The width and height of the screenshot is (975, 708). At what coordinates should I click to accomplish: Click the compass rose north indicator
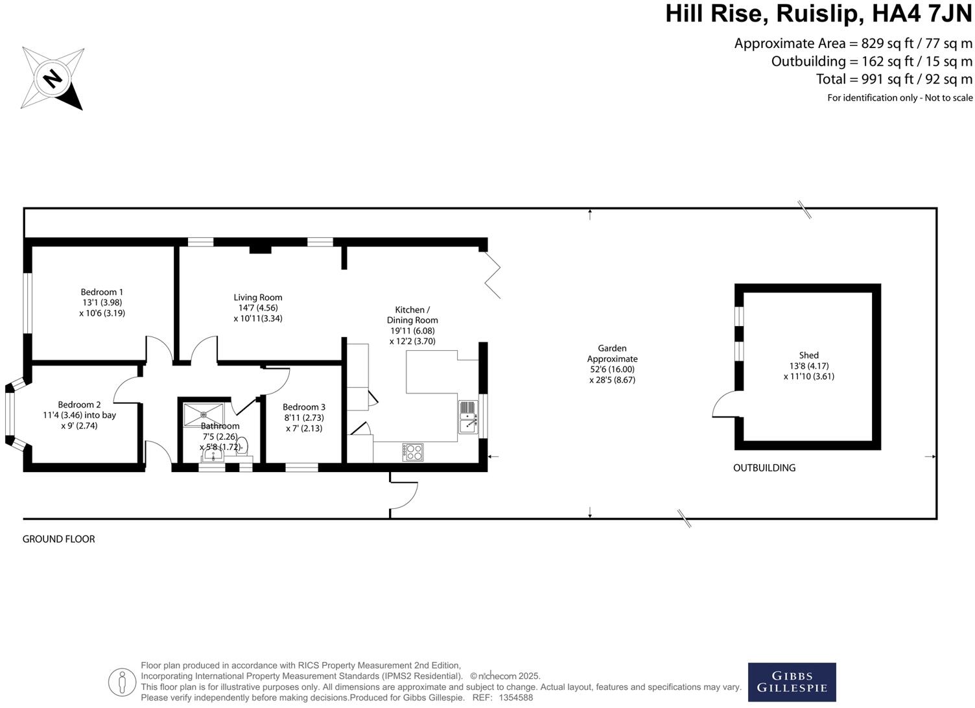point(53,78)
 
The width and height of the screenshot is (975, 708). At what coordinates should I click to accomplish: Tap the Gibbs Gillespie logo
point(792,681)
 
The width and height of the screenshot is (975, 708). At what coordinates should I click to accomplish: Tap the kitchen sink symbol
point(468,417)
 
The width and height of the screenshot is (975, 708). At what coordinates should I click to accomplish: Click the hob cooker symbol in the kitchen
point(413,452)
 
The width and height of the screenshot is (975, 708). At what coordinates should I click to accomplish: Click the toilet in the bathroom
point(242,446)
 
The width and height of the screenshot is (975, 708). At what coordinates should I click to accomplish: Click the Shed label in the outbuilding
point(808,355)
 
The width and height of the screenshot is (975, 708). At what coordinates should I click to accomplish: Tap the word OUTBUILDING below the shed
point(764,467)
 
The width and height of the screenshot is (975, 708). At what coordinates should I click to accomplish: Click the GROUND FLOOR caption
point(59,539)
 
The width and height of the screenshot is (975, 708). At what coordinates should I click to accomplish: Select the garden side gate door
point(406,497)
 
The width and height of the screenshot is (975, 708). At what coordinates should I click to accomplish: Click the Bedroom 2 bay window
point(10,415)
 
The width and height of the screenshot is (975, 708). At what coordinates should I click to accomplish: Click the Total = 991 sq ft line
point(894,79)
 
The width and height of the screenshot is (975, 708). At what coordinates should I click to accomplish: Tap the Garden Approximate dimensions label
point(612,364)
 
